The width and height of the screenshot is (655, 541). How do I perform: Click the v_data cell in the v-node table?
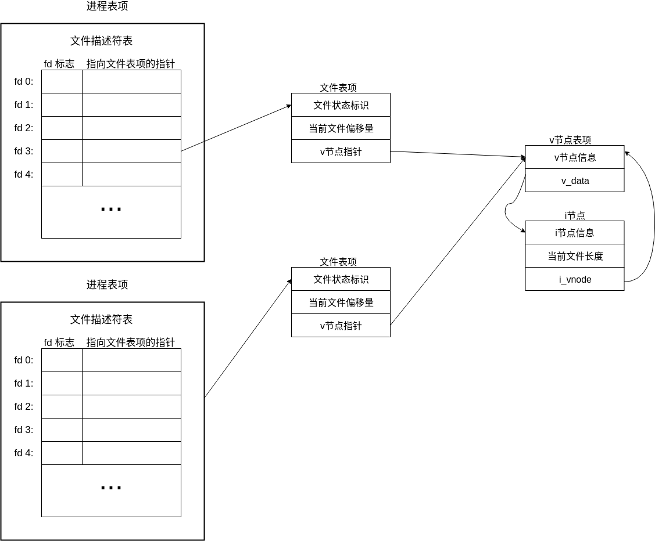(x=575, y=181)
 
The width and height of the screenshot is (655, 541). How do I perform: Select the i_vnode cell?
(x=575, y=279)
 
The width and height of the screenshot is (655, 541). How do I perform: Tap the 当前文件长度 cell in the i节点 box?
(x=575, y=256)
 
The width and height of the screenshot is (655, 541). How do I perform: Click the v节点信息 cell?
(x=575, y=157)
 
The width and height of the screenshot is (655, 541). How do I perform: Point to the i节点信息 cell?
(x=575, y=233)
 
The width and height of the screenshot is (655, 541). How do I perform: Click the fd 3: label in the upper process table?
(x=24, y=151)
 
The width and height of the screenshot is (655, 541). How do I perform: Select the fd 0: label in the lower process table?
(x=24, y=360)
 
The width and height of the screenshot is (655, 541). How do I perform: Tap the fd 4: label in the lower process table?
(x=24, y=453)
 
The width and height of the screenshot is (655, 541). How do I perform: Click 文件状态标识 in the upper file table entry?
(x=341, y=105)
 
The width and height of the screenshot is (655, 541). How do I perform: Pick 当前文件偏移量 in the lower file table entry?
(x=341, y=302)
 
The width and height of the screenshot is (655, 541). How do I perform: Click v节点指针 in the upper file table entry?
(x=341, y=152)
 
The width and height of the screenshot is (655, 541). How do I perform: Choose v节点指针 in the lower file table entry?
(x=341, y=326)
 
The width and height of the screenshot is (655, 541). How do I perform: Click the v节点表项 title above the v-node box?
(x=570, y=140)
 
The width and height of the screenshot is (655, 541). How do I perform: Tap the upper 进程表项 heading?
(x=107, y=6)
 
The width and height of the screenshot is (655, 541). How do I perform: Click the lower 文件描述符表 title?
(x=101, y=319)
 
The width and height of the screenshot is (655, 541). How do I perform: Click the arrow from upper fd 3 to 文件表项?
(x=236, y=128)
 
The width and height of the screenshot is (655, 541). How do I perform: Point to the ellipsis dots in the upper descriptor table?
(x=111, y=209)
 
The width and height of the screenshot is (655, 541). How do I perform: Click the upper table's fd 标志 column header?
(x=59, y=64)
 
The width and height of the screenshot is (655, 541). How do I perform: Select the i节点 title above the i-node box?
(x=575, y=215)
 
